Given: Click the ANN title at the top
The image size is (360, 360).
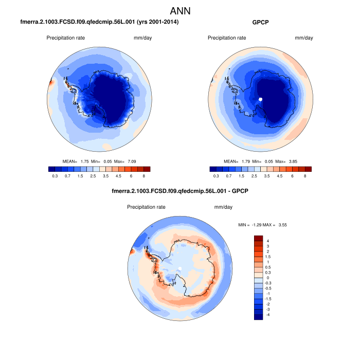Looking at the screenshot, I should [x=180, y=11].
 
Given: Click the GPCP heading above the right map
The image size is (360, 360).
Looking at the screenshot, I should [x=261, y=23].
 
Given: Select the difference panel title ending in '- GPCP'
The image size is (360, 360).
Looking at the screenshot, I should [x=180, y=192].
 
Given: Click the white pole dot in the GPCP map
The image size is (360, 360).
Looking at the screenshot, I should [x=261, y=99].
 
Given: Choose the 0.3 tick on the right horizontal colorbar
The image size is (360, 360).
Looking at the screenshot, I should [x=217, y=176].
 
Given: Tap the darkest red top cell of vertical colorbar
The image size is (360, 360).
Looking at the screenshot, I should [x=258, y=238].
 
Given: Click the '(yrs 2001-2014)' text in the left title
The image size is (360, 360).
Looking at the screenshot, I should [x=154, y=23].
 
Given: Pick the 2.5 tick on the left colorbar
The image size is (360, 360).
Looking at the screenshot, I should [x=94, y=176].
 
